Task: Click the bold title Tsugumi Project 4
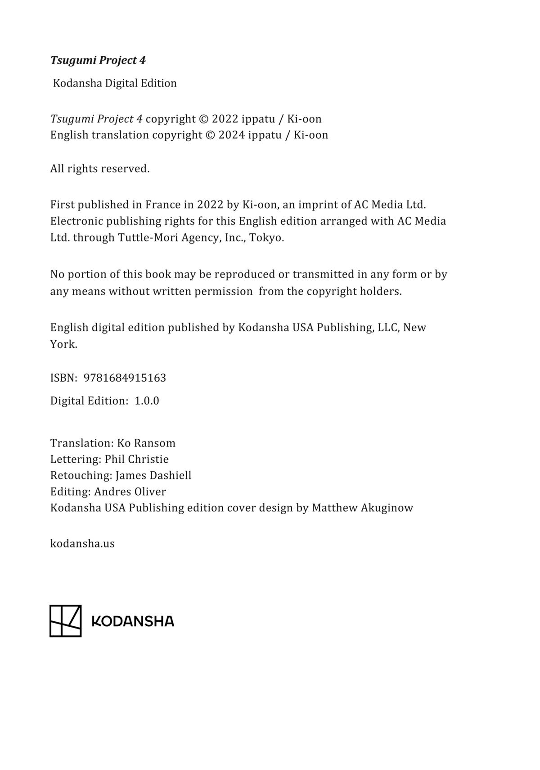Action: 98,60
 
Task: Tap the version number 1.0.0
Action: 147,401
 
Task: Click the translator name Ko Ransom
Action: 146,443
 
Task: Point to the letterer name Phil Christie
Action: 137,460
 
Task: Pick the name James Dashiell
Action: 153,476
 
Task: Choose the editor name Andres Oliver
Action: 130,492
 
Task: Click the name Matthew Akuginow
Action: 362,508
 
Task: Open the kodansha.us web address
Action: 82,544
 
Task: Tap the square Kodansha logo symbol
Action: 65,621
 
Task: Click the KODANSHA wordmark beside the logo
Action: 133,622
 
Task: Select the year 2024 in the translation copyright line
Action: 231,135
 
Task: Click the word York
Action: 63,345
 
